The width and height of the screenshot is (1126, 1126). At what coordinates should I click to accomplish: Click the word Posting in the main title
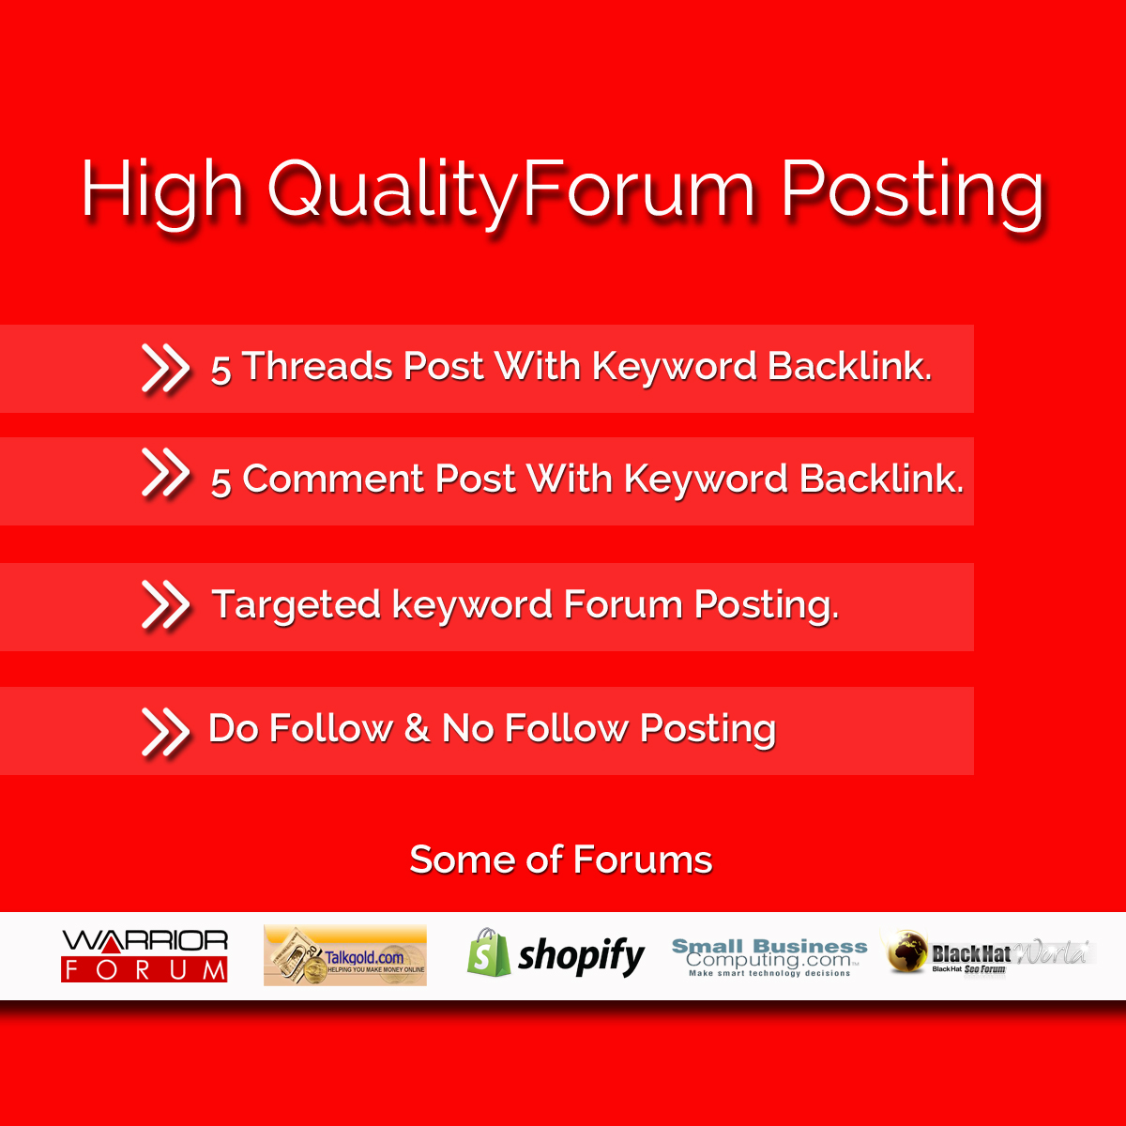tap(912, 193)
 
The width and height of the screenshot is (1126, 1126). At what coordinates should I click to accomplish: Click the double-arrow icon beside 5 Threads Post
tap(165, 368)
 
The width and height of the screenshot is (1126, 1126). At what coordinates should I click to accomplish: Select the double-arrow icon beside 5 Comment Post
tap(165, 473)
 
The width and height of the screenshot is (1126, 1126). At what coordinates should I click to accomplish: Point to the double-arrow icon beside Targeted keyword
tap(165, 605)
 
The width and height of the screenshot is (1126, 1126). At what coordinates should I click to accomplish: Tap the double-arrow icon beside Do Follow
tap(165, 732)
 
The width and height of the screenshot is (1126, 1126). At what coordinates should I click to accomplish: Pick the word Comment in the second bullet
tap(333, 479)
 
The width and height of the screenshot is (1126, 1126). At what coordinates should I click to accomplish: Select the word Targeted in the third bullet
tap(297, 604)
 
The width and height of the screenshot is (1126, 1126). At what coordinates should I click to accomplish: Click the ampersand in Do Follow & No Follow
tap(417, 728)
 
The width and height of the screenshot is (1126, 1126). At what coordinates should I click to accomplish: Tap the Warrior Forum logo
tap(145, 956)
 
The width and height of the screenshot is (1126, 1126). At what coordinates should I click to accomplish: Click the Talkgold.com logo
tap(344, 955)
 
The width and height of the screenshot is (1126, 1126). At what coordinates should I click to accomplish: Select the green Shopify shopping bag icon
tap(489, 952)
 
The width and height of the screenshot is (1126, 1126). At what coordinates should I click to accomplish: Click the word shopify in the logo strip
tap(581, 956)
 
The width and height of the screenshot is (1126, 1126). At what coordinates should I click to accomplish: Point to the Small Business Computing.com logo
tap(769, 957)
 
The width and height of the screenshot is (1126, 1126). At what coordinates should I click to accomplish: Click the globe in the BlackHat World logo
tap(906, 951)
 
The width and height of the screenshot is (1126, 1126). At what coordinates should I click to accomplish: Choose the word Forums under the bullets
tap(643, 860)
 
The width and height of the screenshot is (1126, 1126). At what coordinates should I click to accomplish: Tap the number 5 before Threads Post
tap(221, 370)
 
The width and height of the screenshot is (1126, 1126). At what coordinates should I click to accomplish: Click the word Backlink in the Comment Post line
tap(881, 479)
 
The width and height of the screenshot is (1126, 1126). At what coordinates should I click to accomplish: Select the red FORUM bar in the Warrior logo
tap(145, 970)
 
